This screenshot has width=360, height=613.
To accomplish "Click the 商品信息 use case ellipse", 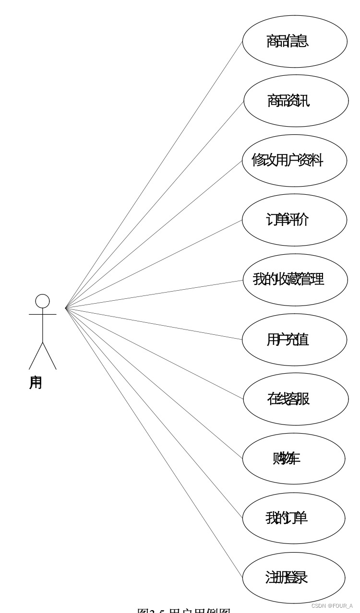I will [294, 41].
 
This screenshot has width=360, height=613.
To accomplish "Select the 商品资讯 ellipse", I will [296, 101].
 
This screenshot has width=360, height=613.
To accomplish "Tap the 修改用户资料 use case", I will [294, 160].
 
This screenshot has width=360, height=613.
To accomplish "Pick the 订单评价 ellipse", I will [294, 220].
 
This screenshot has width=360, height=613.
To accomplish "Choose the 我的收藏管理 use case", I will [295, 279].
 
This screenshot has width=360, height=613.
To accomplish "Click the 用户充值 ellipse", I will [294, 340].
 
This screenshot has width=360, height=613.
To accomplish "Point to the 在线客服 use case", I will [295, 399].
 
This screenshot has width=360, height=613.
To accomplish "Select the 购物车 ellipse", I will [293, 459].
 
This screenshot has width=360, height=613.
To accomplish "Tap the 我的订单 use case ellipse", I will [293, 518].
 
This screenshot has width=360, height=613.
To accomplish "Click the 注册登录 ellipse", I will [293, 578].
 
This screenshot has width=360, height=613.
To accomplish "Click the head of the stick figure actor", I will [42, 301].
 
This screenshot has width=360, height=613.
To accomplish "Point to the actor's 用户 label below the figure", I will [36, 383].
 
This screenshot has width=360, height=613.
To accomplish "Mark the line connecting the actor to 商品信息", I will [154, 175].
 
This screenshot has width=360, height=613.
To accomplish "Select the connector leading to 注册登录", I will [154, 442].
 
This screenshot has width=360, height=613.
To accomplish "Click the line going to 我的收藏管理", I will [154, 294].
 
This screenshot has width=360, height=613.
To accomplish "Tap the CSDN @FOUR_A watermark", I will [332, 606].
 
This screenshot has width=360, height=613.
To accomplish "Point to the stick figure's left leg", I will [36, 355].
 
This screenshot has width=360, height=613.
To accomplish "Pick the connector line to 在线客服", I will [154, 353].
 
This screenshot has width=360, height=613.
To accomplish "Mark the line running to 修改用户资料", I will [154, 234].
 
